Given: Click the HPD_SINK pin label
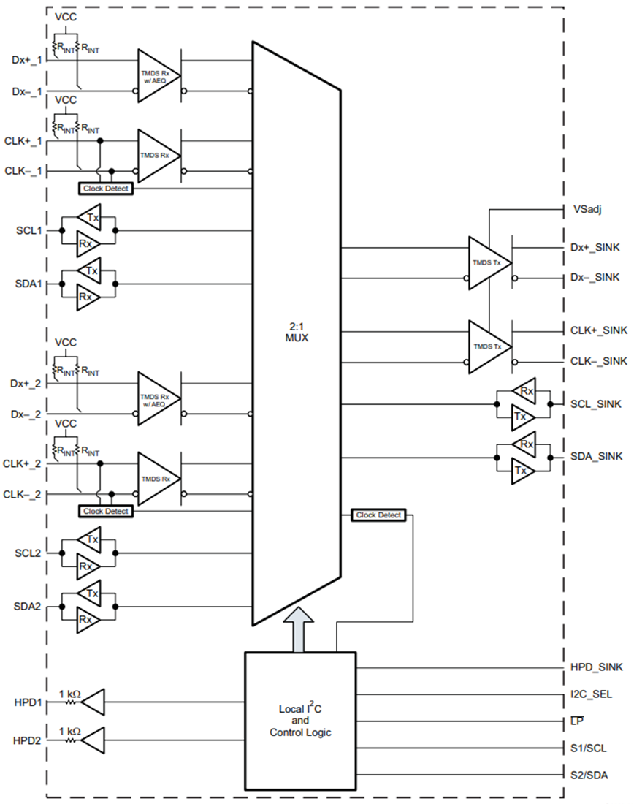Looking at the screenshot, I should pos(596,667).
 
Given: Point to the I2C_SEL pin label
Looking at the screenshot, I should pos(592,694).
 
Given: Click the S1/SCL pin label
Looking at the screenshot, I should pos(588,748).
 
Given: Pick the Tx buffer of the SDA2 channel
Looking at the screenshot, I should pos(91,594).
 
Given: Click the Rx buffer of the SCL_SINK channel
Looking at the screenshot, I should pos(524,392).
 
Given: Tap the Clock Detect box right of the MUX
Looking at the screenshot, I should pos(378,515).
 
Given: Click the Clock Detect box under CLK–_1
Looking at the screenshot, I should pos(106,189).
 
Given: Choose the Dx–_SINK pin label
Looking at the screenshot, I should pos(595,278).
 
